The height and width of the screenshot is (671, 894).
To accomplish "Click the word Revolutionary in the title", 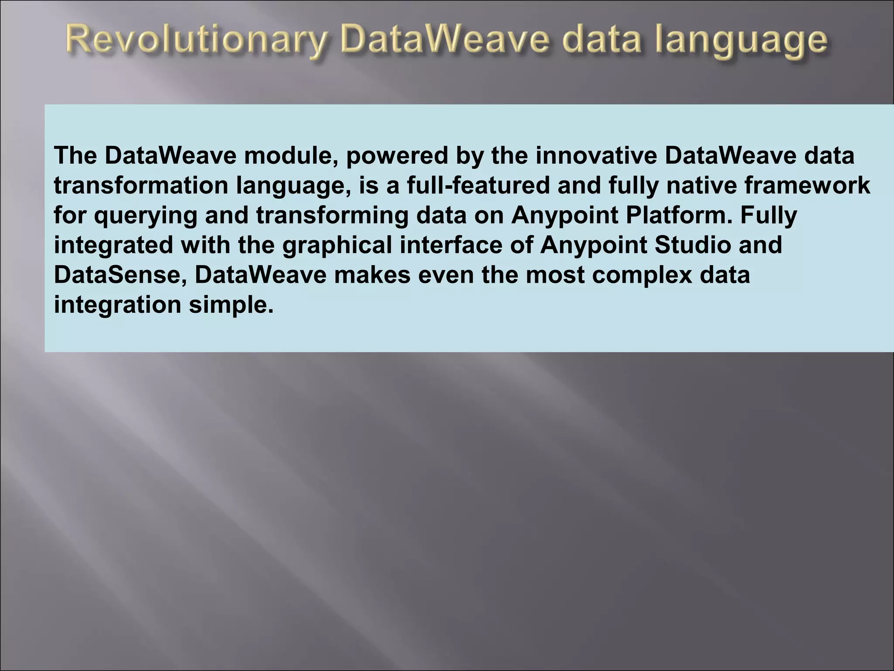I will click(x=197, y=42).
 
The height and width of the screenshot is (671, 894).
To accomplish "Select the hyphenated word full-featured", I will click(x=478, y=186).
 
